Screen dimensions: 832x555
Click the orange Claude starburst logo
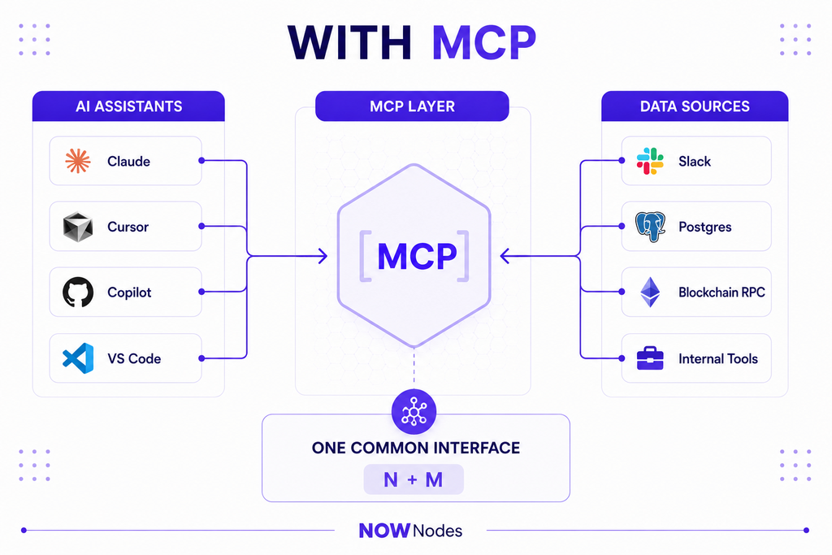click(x=77, y=161)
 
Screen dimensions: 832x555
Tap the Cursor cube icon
click(x=78, y=227)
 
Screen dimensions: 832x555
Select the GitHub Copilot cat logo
click(x=78, y=292)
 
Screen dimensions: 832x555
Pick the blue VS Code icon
click(x=78, y=358)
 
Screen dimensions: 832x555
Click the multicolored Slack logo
click(x=650, y=161)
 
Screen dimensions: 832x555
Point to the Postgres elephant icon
click(x=651, y=227)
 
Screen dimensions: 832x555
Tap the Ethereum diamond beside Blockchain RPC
click(x=650, y=292)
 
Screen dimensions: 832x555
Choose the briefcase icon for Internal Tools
click(x=650, y=358)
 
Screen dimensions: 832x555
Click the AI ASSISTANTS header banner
click(x=128, y=106)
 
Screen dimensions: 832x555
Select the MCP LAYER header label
click(x=412, y=106)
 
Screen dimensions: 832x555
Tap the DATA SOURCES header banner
click(x=695, y=106)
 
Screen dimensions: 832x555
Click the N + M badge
click(x=414, y=479)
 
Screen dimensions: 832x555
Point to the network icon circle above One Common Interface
click(x=414, y=412)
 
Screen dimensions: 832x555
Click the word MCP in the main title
click(x=484, y=42)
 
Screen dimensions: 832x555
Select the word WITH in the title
click(x=349, y=42)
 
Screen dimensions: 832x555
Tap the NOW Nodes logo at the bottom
click(x=410, y=531)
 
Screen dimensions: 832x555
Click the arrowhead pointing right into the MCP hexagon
click(x=323, y=256)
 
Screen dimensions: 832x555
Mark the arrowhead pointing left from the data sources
click(x=505, y=256)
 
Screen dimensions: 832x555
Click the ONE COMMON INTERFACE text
click(x=416, y=448)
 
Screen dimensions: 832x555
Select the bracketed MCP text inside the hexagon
click(x=414, y=256)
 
